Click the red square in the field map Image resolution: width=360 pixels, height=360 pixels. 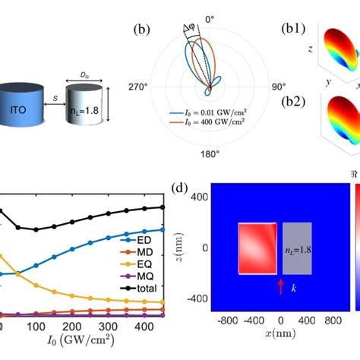(258, 248)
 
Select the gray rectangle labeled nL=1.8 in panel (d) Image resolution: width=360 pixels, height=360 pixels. (297, 248)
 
